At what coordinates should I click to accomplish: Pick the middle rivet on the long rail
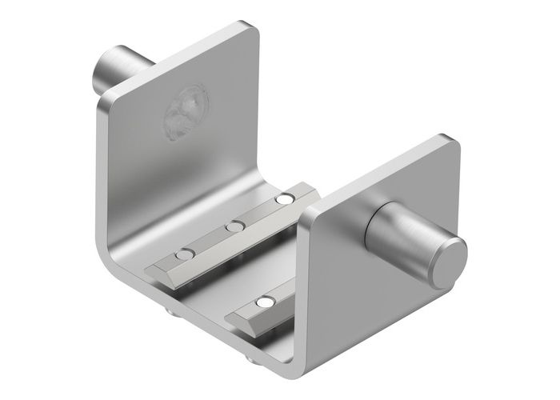(x=234, y=227)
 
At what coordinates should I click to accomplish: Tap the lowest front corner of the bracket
(x=299, y=378)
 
